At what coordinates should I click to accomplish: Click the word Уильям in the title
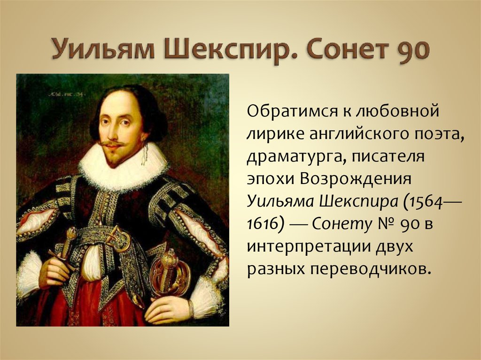(103, 49)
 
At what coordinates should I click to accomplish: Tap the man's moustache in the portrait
(112, 143)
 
